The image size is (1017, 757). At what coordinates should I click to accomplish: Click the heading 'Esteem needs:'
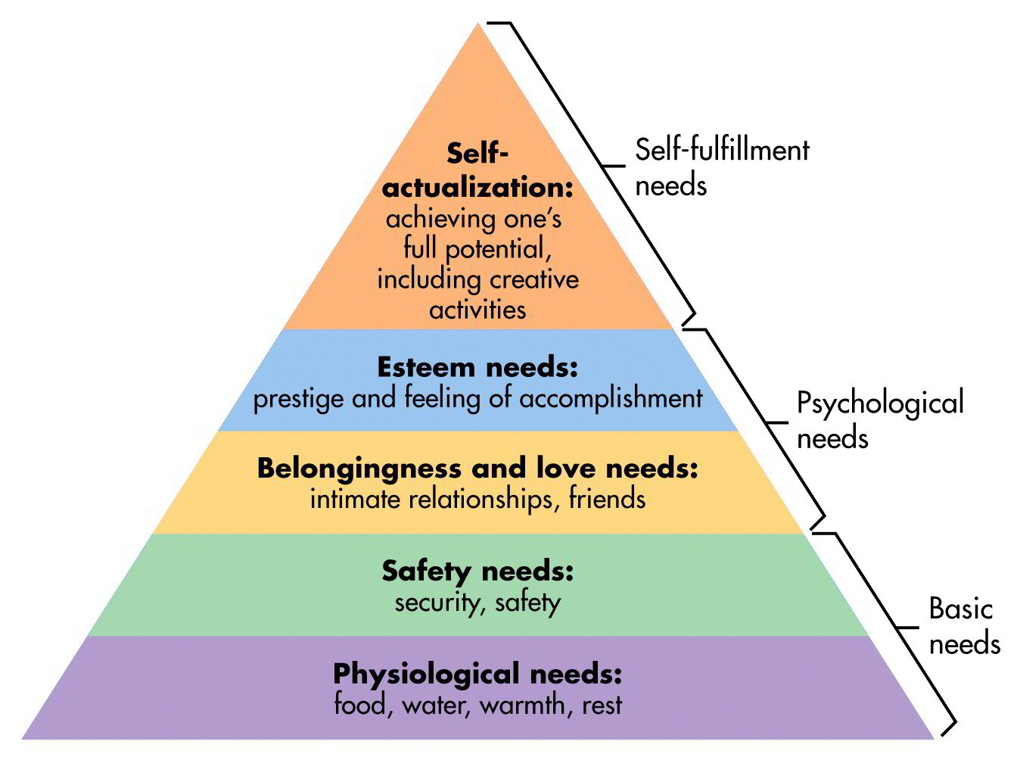coord(477,368)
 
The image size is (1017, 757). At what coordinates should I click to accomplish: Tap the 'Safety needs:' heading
coord(477,571)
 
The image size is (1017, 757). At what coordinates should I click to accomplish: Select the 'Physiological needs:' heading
coord(477,673)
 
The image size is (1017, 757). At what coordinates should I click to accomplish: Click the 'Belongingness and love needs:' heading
coord(477,469)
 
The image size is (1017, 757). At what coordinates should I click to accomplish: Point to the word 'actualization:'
coord(477,188)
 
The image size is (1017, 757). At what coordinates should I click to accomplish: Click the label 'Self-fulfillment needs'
coord(721,167)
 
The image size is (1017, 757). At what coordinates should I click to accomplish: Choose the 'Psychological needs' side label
coord(880,419)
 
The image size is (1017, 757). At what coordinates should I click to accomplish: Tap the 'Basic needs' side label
coord(963,626)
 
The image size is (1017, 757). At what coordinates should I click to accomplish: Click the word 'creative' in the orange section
coord(533,279)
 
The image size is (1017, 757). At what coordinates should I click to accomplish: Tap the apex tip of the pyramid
coord(478,25)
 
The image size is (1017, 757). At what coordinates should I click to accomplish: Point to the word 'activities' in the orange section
coord(477,310)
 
